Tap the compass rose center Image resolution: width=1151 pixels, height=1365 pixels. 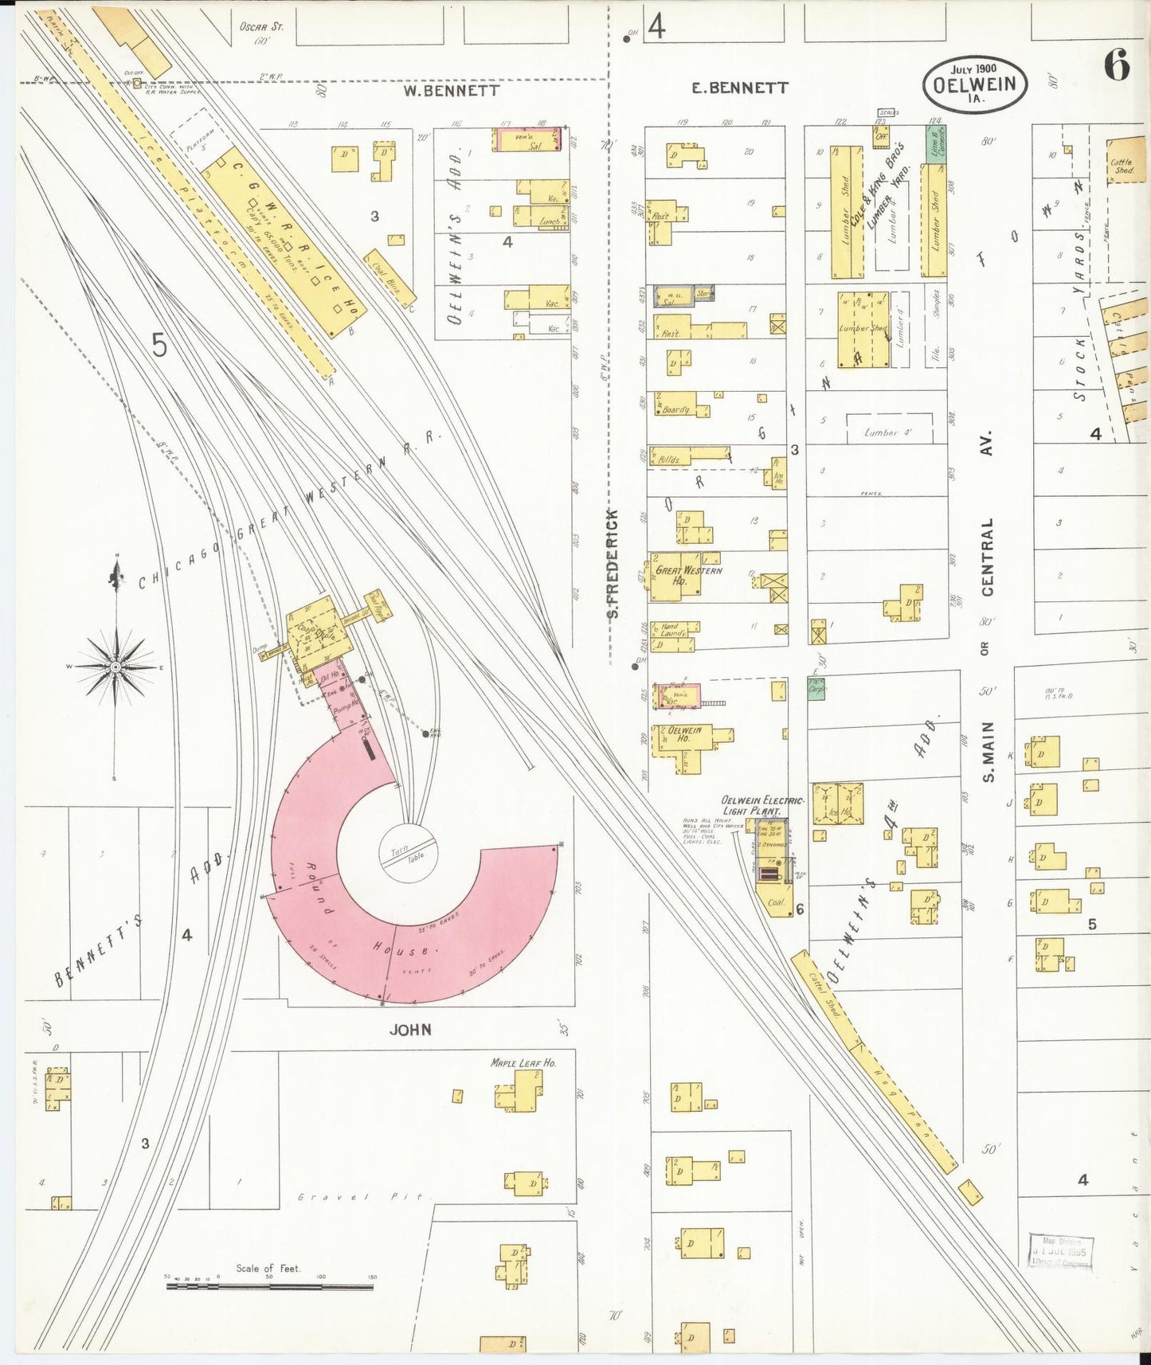click(115, 666)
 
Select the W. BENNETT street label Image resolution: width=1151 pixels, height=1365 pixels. click(451, 91)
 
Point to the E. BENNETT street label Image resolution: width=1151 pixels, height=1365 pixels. click(740, 88)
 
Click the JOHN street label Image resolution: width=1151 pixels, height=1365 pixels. click(410, 1030)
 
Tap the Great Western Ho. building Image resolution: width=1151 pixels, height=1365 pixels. click(679, 576)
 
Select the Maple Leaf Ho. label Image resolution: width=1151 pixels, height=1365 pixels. click(523, 1063)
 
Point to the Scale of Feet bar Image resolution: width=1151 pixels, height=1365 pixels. click(271, 1285)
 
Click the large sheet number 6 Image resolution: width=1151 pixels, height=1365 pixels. click(1117, 65)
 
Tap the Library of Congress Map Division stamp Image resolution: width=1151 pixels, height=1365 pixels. click(1061, 1251)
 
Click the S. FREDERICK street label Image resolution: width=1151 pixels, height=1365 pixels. click(612, 563)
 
